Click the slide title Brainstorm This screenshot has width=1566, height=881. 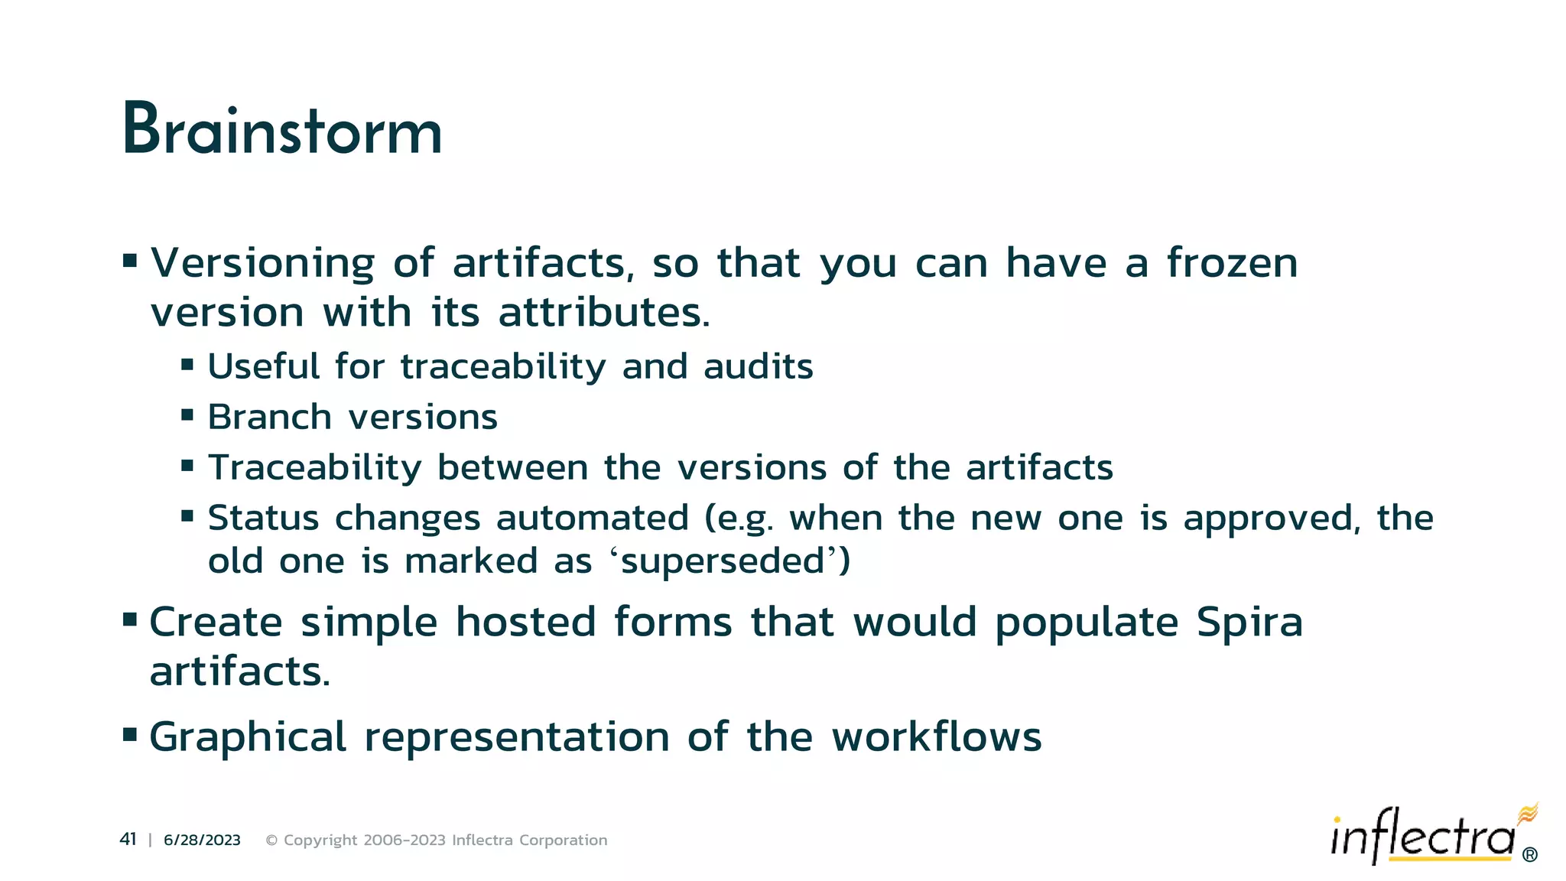[282, 130]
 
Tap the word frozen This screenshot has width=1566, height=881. [1232, 264]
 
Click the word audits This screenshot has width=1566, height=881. [758, 367]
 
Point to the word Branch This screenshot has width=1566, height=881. [270, 418]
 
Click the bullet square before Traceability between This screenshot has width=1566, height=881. [187, 465]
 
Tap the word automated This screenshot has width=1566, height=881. [593, 519]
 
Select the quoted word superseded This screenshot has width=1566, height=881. [723, 562]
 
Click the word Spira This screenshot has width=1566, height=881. [1249, 622]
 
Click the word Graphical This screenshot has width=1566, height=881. [248, 738]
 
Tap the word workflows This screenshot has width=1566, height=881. [937, 737]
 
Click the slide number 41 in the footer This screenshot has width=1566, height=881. [128, 840]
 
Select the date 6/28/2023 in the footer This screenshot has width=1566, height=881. [202, 840]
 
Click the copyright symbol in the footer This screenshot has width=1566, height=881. [271, 840]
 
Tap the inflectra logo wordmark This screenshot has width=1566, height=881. [1422, 838]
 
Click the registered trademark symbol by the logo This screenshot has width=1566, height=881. [1529, 855]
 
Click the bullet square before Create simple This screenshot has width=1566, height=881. [130, 619]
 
